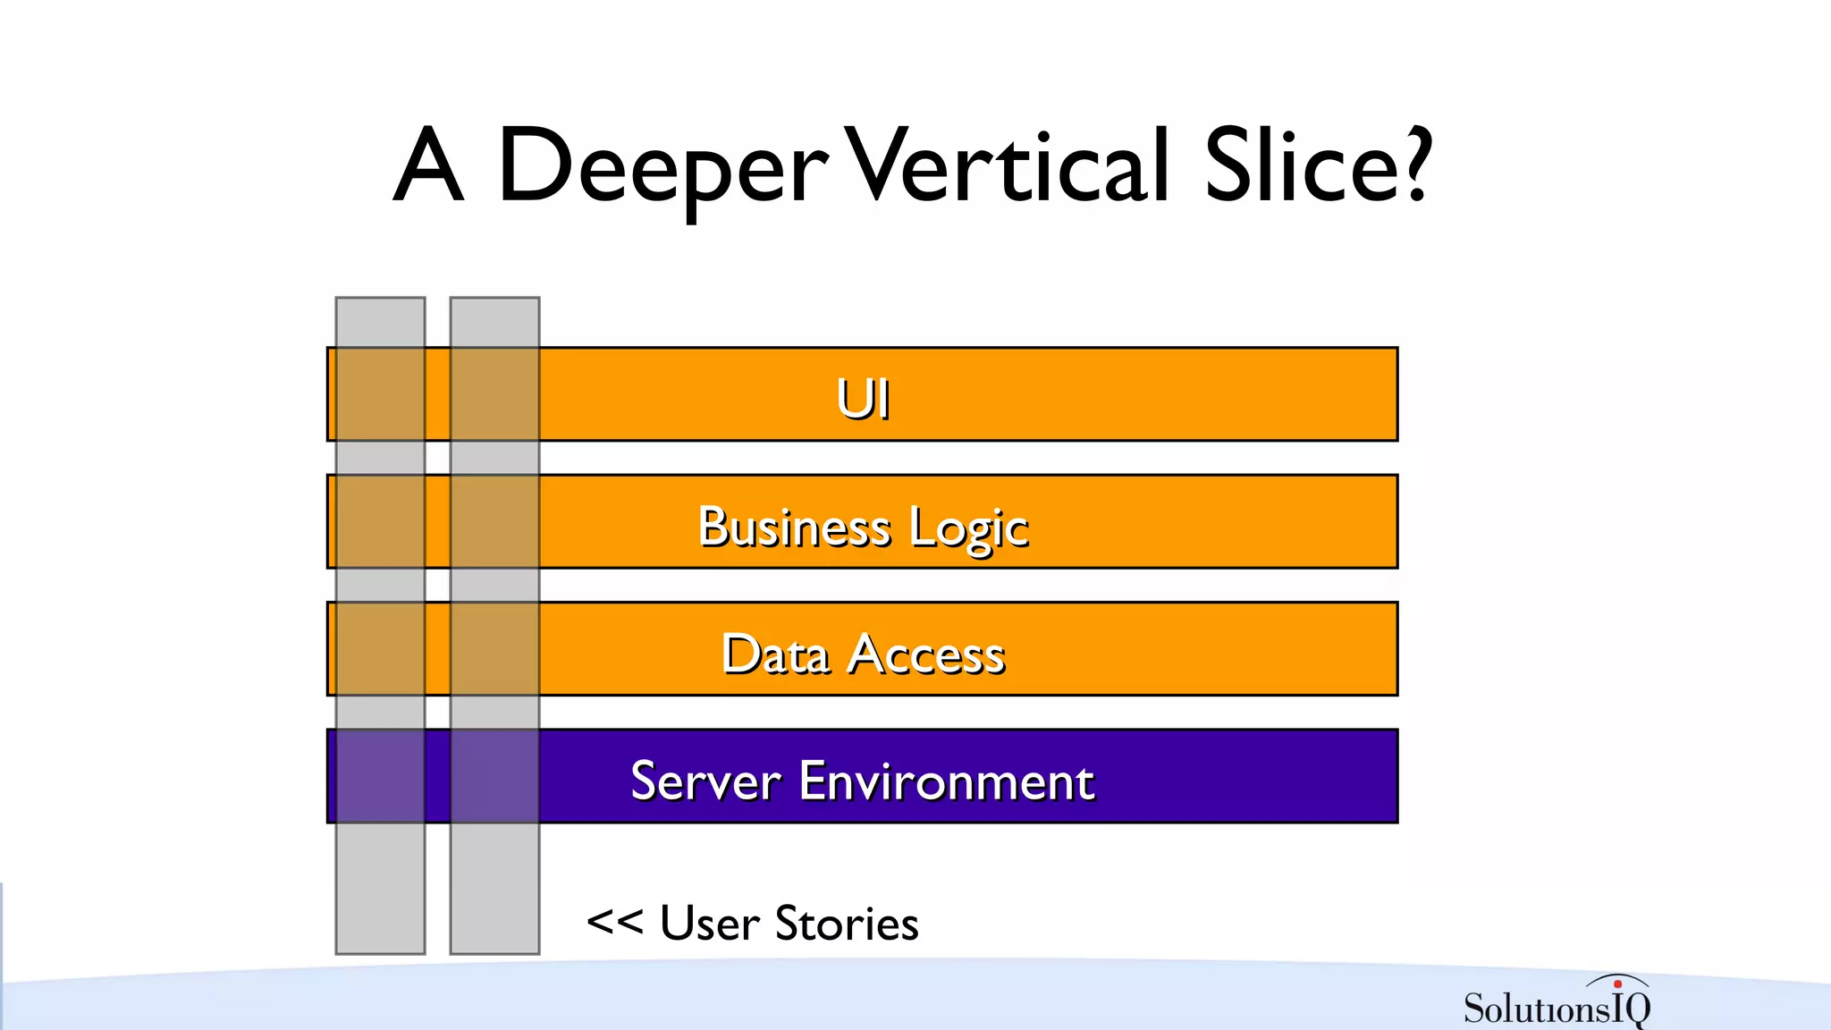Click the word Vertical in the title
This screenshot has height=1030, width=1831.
[x=1006, y=165]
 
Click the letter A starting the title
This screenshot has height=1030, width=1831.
[x=429, y=165]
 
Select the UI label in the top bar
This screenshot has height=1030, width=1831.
[x=863, y=398]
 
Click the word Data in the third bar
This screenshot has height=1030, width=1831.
[x=774, y=654]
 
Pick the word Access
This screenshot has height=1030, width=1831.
[x=926, y=654]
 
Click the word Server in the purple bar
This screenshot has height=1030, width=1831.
[x=706, y=781]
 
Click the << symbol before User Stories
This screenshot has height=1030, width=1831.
[x=614, y=921]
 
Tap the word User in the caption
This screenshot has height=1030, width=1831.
[x=710, y=923]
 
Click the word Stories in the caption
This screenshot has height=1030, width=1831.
[x=847, y=923]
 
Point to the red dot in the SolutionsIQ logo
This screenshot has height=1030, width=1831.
[x=1617, y=984]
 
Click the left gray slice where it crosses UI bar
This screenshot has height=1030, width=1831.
[x=380, y=394]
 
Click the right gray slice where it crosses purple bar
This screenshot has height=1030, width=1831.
[x=494, y=776]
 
